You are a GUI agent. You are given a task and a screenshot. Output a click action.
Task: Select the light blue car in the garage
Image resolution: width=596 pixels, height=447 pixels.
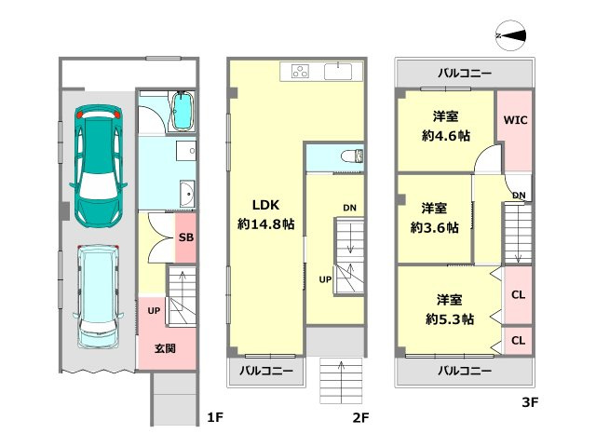pyautogui.click(x=98, y=296)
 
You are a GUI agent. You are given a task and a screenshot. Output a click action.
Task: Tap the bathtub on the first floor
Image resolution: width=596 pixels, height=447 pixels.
pyautogui.click(x=183, y=112)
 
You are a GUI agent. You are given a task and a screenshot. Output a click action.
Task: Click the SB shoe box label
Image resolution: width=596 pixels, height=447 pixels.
pyautogui.click(x=186, y=237)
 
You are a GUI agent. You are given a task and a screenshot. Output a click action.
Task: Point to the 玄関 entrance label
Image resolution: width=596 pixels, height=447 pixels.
pyautogui.click(x=166, y=348)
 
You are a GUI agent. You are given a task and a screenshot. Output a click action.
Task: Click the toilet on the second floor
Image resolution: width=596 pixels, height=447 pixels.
pyautogui.click(x=352, y=156)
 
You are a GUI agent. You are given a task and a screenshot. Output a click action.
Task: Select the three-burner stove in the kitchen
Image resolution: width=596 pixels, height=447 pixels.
pyautogui.click(x=300, y=71)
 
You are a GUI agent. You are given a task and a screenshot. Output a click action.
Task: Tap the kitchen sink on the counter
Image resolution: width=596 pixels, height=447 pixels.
pyautogui.click(x=338, y=72)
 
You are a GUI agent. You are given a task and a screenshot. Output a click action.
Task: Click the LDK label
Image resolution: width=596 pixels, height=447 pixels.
pyautogui.click(x=265, y=205)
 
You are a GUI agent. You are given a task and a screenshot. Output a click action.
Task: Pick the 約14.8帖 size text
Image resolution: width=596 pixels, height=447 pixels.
pyautogui.click(x=265, y=224)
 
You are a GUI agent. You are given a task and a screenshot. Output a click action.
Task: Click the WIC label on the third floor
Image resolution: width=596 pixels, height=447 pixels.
pyautogui.click(x=515, y=120)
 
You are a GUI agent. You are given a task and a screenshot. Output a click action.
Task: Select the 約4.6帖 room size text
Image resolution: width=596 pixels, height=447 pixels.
pyautogui.click(x=446, y=136)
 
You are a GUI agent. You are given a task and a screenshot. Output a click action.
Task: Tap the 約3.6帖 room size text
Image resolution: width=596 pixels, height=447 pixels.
pyautogui.click(x=435, y=227)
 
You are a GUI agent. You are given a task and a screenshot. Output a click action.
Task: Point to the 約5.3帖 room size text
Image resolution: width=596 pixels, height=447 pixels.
pyautogui.click(x=450, y=319)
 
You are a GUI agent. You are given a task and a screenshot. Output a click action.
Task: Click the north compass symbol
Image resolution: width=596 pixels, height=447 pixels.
pyautogui.click(x=511, y=35)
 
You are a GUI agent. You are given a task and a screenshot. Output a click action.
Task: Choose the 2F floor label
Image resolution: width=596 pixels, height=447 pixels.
pyautogui.click(x=360, y=418)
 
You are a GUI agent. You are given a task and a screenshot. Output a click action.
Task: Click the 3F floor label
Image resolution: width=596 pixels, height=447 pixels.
pyautogui.click(x=530, y=402)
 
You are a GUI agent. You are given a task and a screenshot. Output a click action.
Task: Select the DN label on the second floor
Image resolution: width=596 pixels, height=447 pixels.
pyautogui.click(x=350, y=208)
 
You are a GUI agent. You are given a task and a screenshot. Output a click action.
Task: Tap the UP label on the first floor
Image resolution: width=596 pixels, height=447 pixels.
pyautogui.click(x=154, y=311)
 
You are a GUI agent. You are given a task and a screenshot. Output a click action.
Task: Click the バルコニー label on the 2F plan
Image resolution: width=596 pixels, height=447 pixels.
pyautogui.click(x=266, y=371)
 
